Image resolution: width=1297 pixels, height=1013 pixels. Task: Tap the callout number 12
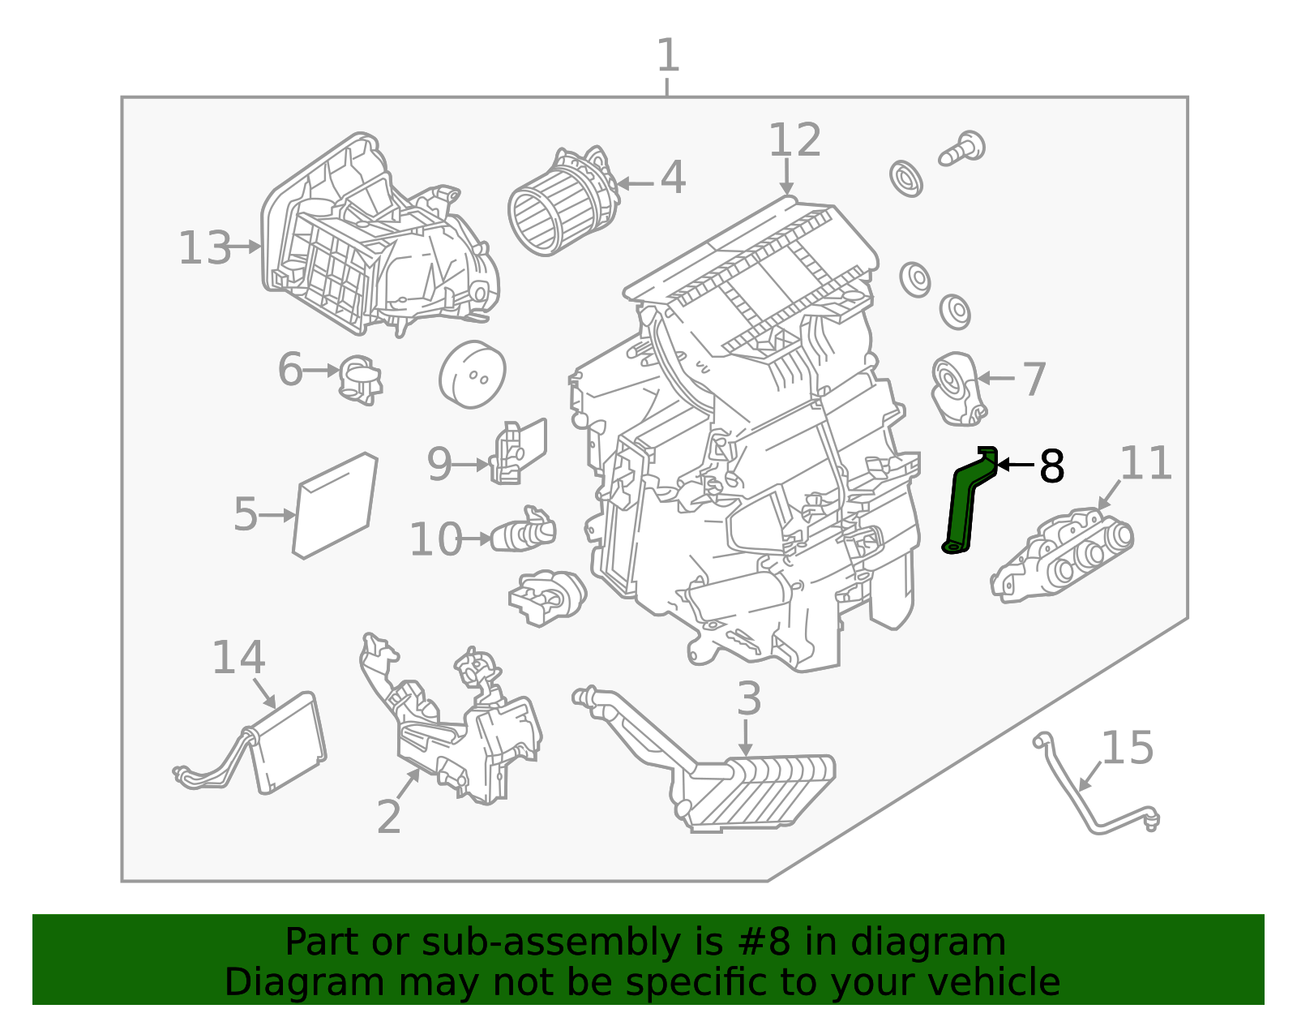click(794, 141)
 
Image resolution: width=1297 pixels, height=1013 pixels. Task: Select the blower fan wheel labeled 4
click(559, 204)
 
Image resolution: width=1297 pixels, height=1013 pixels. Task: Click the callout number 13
click(205, 248)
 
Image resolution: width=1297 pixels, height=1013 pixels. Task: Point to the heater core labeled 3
click(754, 790)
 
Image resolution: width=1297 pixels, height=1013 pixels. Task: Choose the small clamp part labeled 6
click(360, 379)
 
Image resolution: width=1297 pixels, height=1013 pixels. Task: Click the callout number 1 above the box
click(667, 57)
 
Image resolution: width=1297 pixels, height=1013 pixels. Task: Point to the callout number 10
click(436, 539)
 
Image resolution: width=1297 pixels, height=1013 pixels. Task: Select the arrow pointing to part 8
click(1014, 465)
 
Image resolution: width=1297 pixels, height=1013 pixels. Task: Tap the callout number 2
click(389, 817)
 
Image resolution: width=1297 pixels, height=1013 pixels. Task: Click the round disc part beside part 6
click(473, 374)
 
